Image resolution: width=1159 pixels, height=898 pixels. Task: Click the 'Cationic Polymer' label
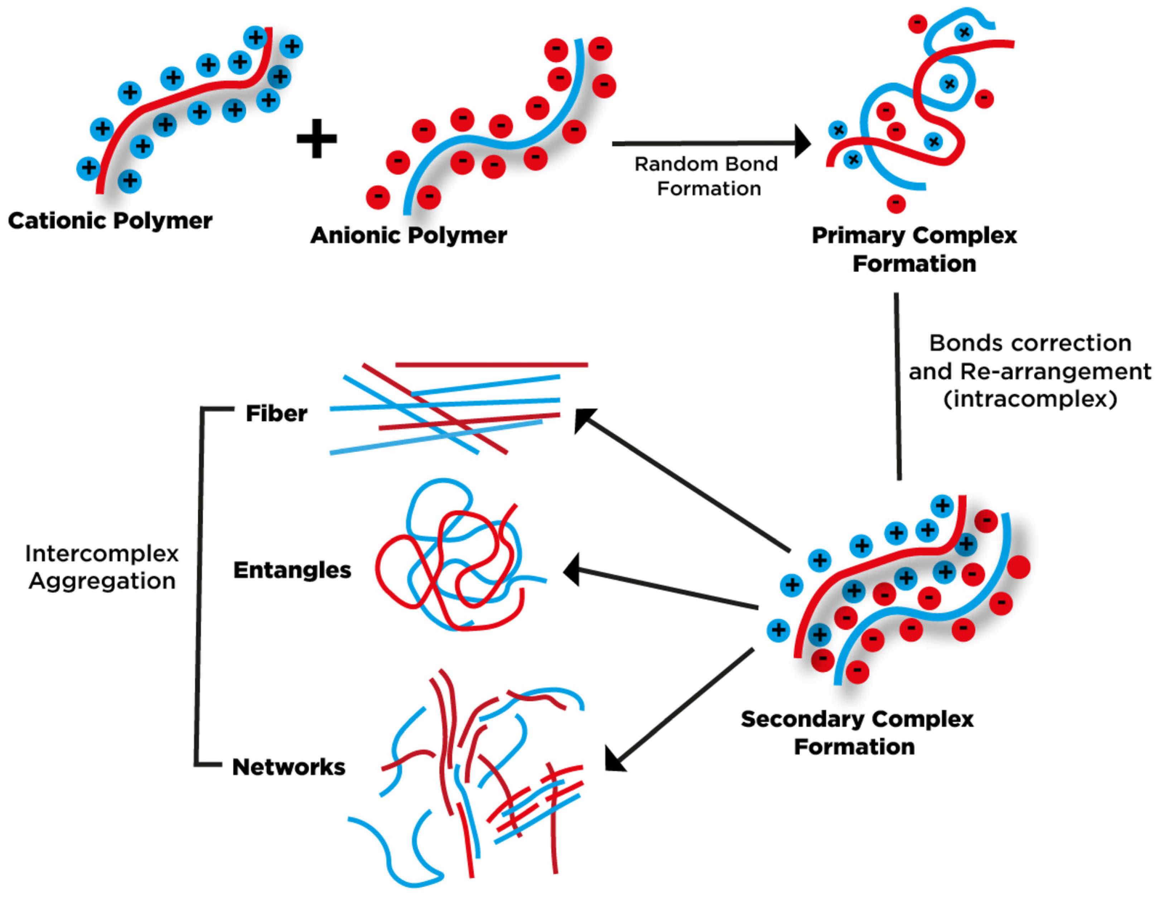110,221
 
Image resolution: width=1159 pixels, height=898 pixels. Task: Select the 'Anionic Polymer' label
409,235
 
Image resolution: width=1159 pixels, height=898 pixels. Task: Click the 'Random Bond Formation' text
707,176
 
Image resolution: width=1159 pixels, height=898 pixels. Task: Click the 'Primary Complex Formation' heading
914,249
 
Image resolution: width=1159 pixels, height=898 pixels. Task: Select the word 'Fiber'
276,414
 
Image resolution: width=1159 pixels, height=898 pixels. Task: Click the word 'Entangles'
292,570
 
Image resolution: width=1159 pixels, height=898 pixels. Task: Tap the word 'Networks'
289,767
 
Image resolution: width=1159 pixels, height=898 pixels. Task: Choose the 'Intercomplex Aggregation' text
102,567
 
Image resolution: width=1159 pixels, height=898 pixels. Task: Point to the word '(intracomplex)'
1030,399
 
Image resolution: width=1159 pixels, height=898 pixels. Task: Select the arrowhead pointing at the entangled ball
571,570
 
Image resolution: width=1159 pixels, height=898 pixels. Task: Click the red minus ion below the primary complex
896,203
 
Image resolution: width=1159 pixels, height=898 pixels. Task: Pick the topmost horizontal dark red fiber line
491,365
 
